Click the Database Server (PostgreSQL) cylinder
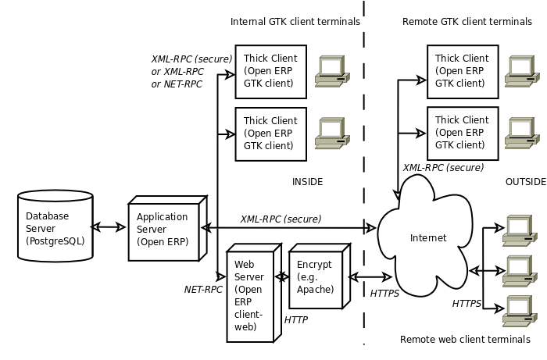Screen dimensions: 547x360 [x=55, y=226]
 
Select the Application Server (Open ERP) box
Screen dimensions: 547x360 [x=167, y=228]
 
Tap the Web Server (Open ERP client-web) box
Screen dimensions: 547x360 [x=254, y=293]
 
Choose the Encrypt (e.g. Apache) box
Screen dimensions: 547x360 [x=319, y=276]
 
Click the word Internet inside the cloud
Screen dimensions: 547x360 [x=428, y=238]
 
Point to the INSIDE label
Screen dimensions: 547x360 [x=307, y=182]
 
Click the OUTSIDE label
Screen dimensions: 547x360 [x=526, y=182]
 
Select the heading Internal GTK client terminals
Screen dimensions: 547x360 [x=295, y=22]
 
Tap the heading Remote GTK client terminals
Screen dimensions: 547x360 [x=467, y=22]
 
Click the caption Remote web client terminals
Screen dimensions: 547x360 [x=465, y=340]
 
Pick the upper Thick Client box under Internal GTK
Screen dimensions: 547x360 [x=270, y=72]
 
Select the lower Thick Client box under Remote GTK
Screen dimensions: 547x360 [x=463, y=134]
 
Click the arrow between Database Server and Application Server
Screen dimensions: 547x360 [x=109, y=227]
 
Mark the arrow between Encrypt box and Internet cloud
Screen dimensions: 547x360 [x=370, y=277]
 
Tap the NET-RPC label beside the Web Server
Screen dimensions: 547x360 [x=203, y=290]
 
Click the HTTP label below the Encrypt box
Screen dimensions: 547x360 [x=296, y=320]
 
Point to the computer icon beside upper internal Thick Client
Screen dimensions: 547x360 [x=332, y=71]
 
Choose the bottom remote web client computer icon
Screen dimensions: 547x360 [x=520, y=312]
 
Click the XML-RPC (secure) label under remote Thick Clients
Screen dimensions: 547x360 [x=443, y=168]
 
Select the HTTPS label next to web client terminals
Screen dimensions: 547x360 [x=467, y=304]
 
